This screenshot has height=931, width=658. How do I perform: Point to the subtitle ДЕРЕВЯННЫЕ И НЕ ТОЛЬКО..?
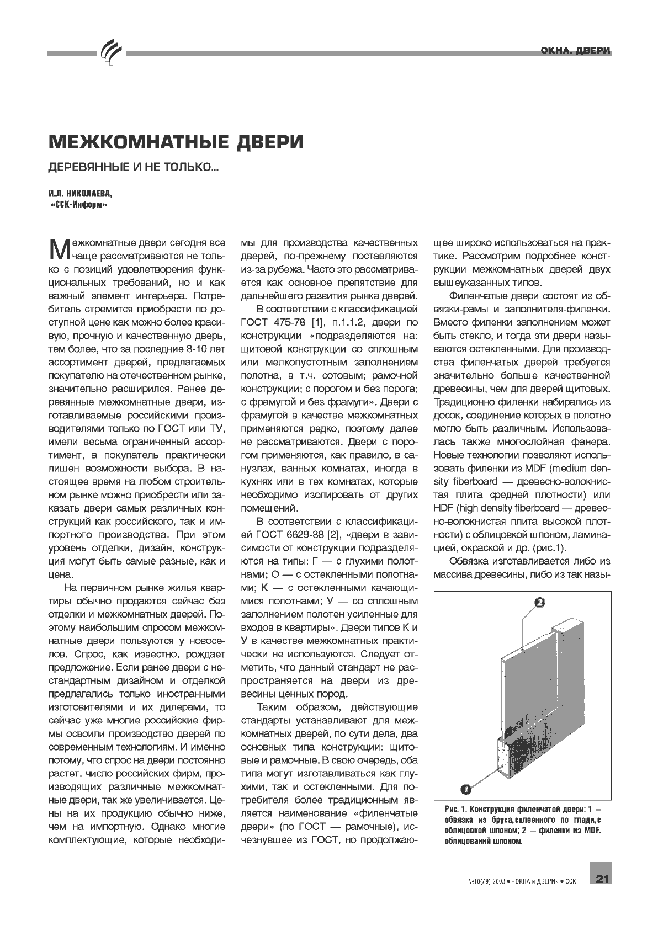(x=133, y=167)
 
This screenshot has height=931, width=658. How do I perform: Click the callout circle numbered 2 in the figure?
(x=540, y=603)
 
